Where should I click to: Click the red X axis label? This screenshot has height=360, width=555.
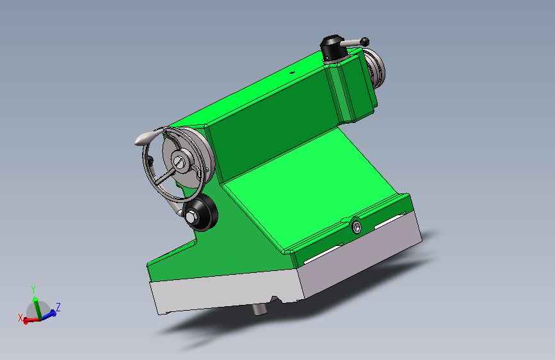[20, 318]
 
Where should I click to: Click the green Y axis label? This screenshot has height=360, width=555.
[33, 290]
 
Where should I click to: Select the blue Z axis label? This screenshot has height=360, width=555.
[58, 307]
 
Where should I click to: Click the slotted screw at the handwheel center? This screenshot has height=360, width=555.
[179, 162]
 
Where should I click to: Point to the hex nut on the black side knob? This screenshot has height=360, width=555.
[191, 217]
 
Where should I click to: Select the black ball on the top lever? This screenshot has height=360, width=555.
[365, 42]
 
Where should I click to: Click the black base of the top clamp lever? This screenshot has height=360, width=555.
[334, 49]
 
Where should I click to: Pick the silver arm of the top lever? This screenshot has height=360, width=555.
[350, 43]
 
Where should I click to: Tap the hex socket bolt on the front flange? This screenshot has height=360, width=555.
[357, 227]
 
